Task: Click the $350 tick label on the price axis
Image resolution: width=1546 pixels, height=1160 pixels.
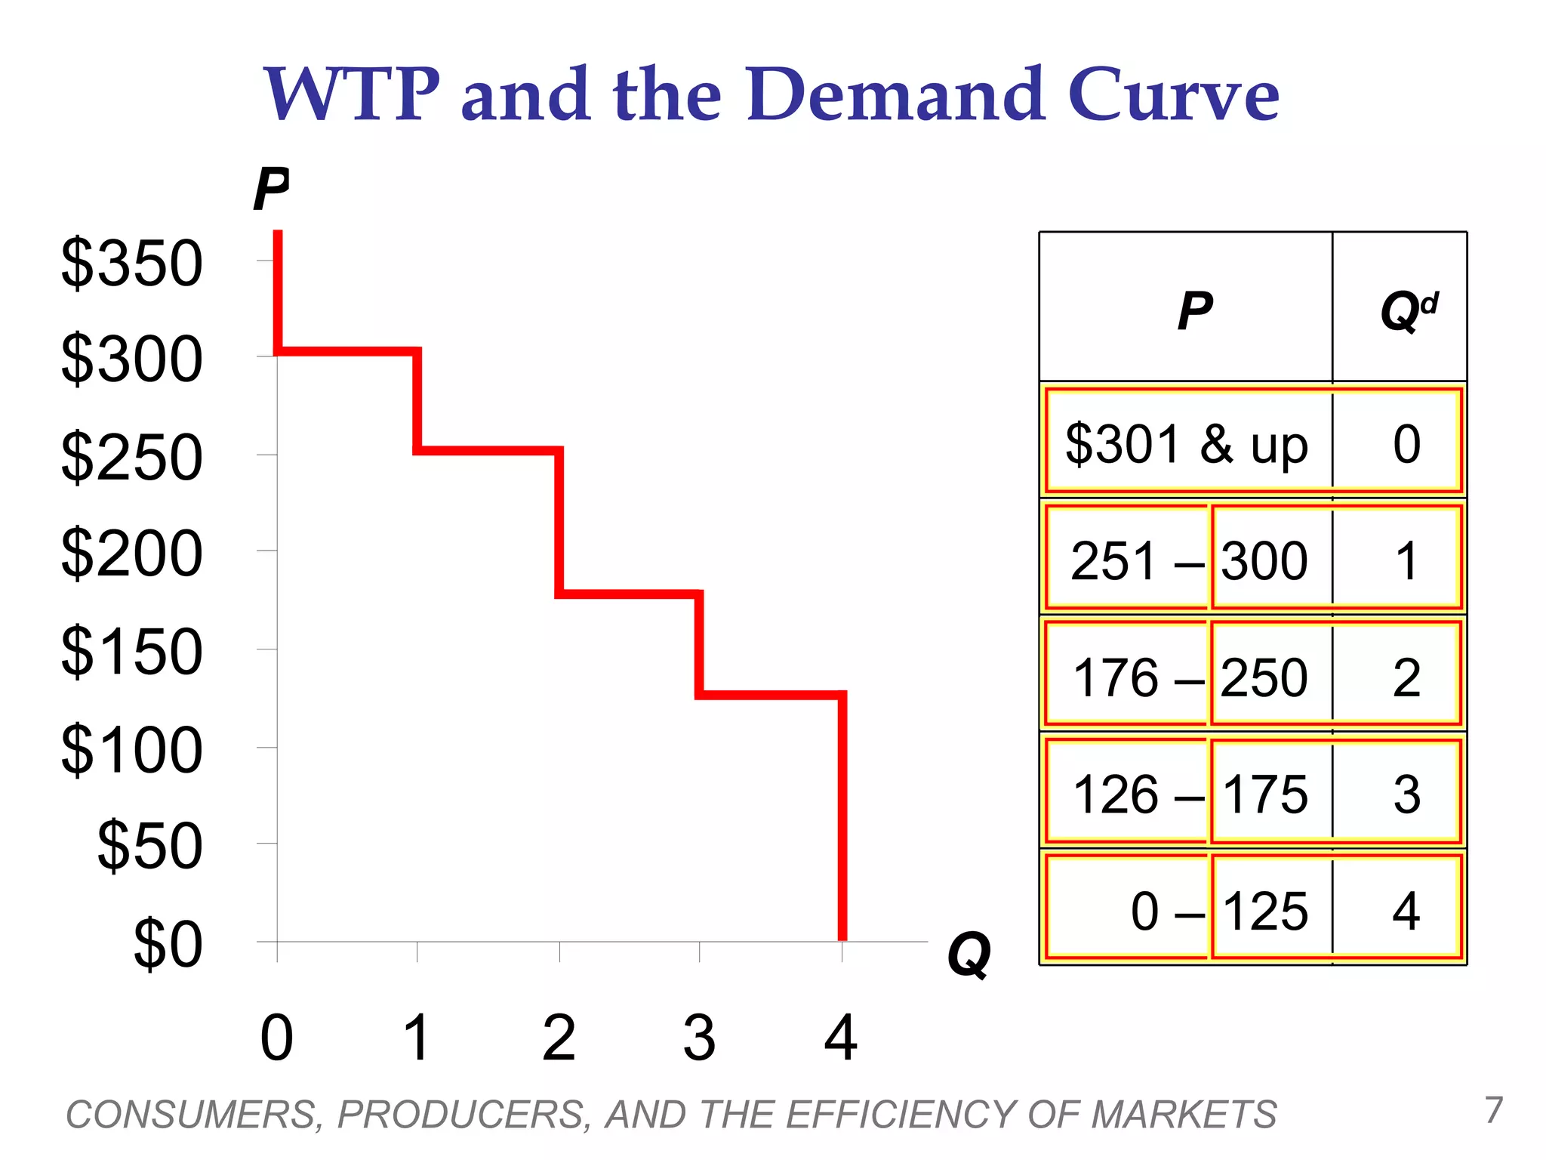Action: [132, 264]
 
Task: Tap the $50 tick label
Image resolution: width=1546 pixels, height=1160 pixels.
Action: [149, 846]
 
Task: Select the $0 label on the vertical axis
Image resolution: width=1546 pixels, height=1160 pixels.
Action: [168, 944]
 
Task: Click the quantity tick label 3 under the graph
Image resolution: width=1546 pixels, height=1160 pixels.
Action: [699, 1038]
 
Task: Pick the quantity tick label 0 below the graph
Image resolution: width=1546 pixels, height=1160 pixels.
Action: [276, 1038]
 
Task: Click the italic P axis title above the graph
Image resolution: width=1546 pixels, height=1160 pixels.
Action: [271, 190]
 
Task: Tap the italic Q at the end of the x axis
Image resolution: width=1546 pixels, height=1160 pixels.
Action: [969, 955]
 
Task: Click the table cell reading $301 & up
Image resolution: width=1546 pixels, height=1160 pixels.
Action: [1186, 444]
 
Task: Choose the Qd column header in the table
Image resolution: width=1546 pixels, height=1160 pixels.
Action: [1408, 310]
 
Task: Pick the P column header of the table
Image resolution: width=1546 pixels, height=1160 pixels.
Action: [1195, 310]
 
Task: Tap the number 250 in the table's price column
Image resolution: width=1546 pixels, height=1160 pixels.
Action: [1264, 677]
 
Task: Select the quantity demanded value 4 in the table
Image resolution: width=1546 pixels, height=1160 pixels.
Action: [1406, 911]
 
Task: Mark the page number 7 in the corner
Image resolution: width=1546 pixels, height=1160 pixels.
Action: [1493, 1110]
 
